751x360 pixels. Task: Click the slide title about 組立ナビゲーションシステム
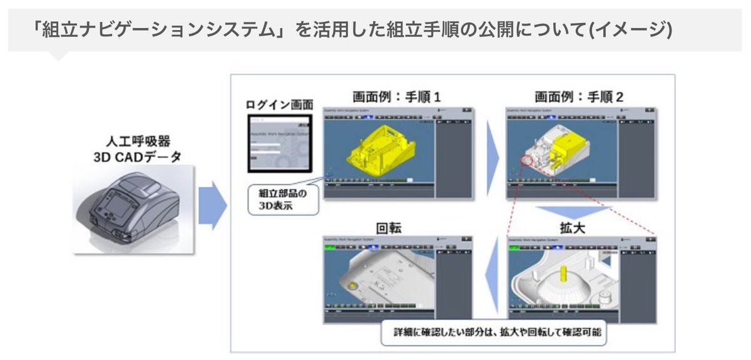point(354,29)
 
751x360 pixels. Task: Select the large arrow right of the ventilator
point(212,205)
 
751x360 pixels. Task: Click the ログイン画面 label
point(278,105)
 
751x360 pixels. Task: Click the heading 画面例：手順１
point(397,98)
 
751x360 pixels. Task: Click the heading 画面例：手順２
point(579,98)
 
